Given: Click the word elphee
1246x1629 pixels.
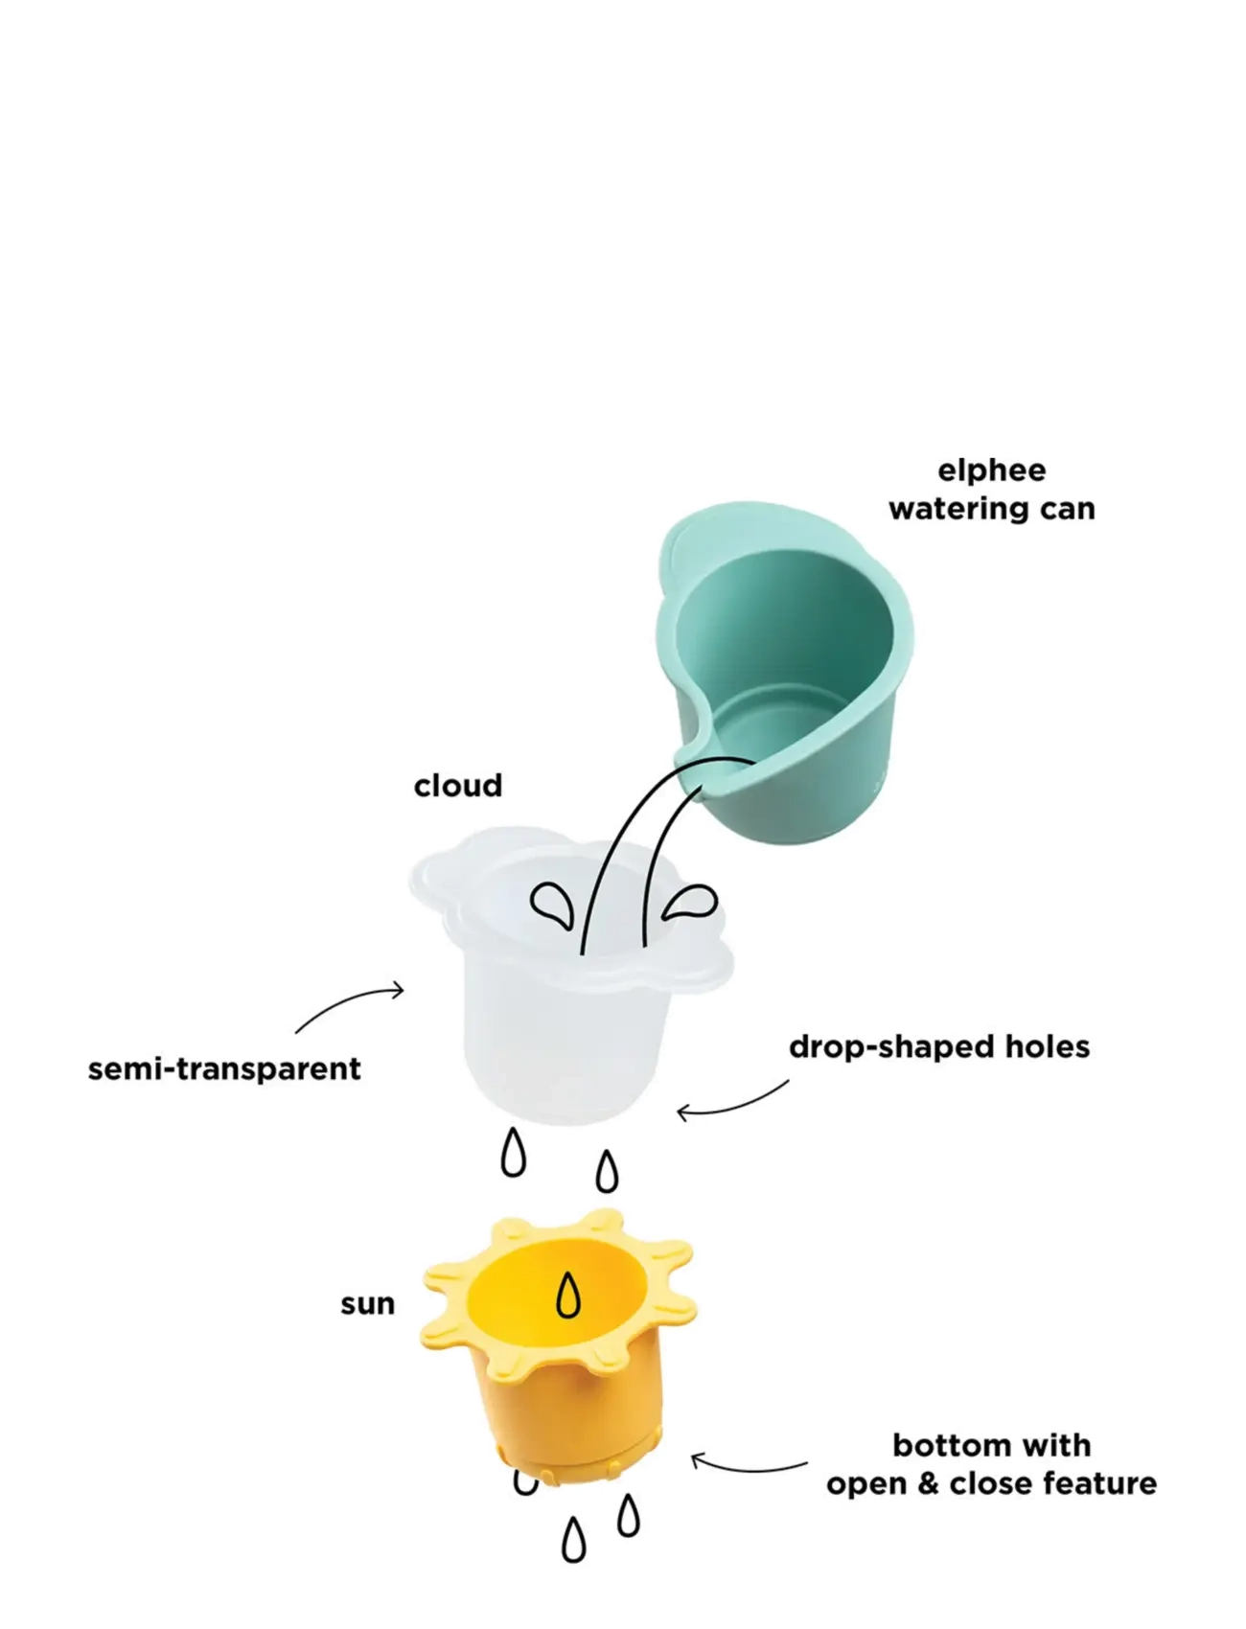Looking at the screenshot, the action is [x=991, y=470].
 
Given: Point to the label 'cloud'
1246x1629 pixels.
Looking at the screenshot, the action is [x=458, y=786].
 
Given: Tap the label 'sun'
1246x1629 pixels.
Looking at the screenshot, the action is [x=368, y=1304].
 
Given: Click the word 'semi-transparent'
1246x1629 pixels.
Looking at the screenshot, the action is [x=224, y=1068].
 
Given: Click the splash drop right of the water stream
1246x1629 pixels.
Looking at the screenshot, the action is [x=689, y=902].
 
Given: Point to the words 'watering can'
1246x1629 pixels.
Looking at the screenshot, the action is [x=992, y=509].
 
